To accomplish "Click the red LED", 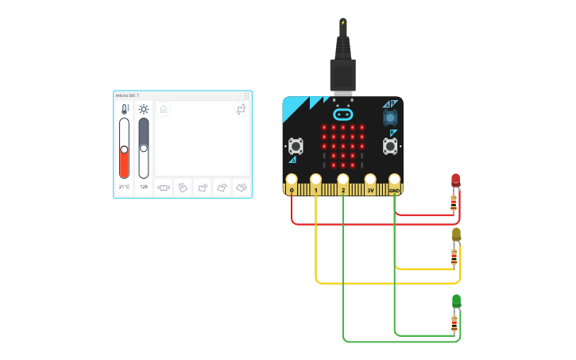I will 455,180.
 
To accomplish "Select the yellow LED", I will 456,234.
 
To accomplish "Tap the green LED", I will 456,300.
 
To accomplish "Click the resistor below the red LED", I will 454,204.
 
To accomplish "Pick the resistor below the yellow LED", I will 454,257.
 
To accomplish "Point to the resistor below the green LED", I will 454,323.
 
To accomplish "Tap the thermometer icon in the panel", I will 124,110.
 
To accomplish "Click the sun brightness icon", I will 144,110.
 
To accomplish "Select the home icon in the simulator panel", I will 163,109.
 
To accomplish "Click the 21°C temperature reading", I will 124,187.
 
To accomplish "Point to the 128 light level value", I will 144,187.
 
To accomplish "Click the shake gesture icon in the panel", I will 164,188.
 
